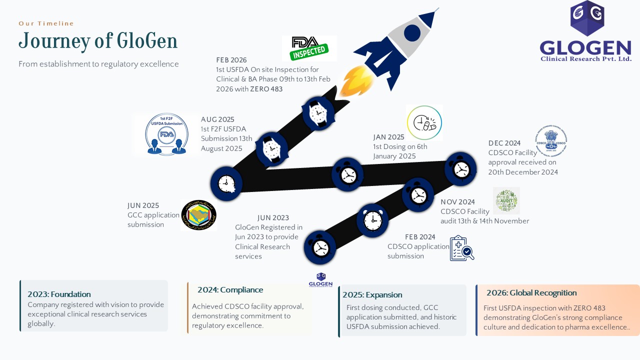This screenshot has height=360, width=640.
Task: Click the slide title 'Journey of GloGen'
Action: pos(98,41)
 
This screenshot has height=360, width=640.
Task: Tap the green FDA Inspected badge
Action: pos(309,48)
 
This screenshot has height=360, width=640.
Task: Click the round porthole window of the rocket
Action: pos(412,33)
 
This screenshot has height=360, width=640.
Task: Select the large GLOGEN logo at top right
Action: pos(586,31)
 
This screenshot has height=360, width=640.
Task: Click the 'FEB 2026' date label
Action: pos(231,60)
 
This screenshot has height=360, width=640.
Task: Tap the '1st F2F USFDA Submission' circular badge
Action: pos(166,134)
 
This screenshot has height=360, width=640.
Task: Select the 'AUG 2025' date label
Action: pos(217,119)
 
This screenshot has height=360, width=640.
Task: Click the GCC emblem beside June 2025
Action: pos(198,215)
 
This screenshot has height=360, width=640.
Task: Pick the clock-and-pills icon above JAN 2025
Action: pos(424,122)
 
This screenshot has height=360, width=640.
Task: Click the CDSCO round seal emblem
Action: pos(550,141)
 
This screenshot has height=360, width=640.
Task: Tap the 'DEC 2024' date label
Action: pos(504,143)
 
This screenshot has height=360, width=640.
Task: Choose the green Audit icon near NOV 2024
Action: pos(506,200)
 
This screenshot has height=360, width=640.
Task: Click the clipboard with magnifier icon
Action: pos(461,248)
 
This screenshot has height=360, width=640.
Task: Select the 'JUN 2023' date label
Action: pos(273,217)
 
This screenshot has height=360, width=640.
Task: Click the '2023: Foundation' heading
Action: pos(59,294)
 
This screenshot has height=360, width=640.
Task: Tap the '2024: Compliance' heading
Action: pos(230,290)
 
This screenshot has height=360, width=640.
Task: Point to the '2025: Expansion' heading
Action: pos(372,295)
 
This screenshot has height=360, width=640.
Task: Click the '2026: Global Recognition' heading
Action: pos(531,293)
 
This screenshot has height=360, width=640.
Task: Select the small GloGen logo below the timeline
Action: pos(320,280)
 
